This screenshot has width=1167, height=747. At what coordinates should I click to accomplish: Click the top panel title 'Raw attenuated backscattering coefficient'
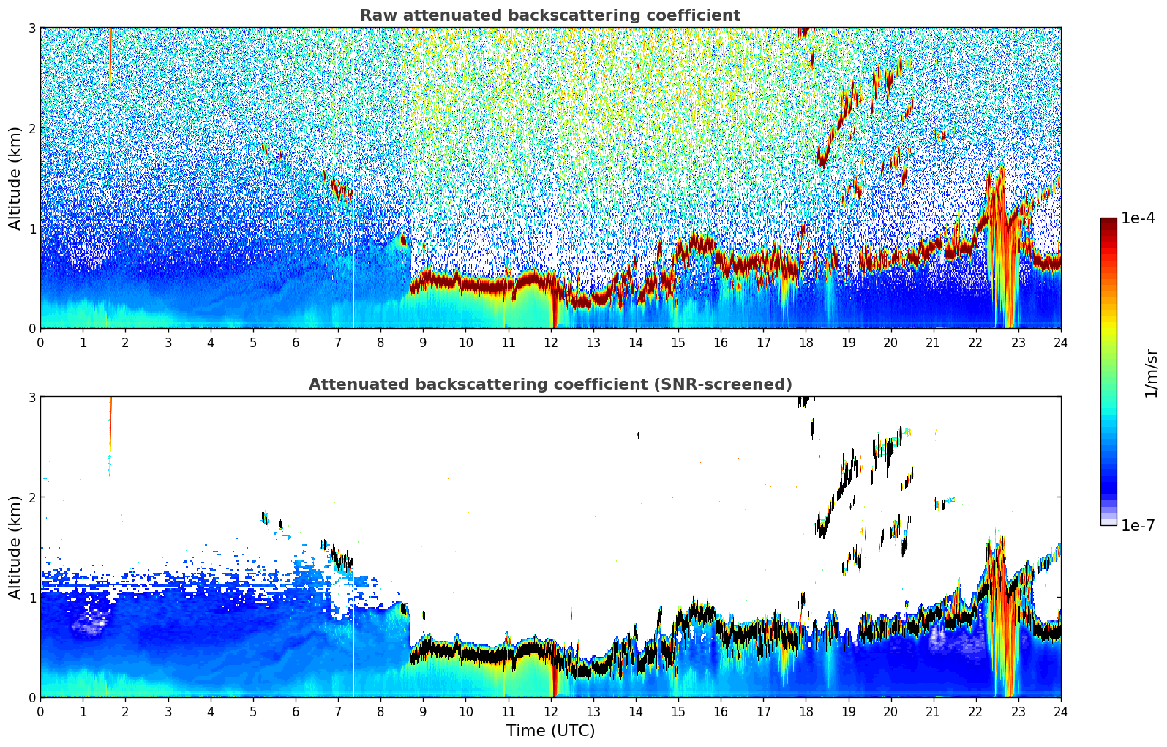click(550, 15)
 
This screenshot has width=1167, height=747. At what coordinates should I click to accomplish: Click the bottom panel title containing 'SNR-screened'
click(550, 384)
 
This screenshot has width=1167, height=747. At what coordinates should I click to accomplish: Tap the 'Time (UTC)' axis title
click(550, 731)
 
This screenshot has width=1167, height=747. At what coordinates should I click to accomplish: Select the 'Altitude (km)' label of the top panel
click(15, 179)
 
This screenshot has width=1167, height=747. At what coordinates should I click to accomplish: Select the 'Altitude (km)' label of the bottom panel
click(15, 548)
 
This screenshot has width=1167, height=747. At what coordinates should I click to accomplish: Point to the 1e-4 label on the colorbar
click(1138, 218)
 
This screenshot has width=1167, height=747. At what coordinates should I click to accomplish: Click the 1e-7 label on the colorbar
click(1138, 525)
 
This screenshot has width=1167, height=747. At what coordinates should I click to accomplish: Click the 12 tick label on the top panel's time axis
click(551, 343)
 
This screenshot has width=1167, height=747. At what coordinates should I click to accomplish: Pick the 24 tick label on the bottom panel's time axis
click(1061, 712)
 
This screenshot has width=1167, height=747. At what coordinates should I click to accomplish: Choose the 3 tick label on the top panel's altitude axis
click(31, 28)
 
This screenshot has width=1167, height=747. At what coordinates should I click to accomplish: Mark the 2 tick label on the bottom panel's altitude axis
click(31, 497)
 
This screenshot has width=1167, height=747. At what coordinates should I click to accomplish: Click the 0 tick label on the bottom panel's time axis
click(41, 712)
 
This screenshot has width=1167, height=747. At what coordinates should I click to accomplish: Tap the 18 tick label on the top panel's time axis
click(806, 343)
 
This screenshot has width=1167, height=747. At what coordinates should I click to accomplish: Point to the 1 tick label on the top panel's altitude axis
click(31, 228)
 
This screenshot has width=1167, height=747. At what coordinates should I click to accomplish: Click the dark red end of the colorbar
click(1108, 221)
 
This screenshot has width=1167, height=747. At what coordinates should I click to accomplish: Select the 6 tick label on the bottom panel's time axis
click(296, 712)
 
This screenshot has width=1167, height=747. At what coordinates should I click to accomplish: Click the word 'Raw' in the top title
click(379, 15)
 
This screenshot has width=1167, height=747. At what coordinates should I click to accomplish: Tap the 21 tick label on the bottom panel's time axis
click(933, 712)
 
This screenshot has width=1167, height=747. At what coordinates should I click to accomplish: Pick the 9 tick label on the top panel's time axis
click(423, 343)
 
